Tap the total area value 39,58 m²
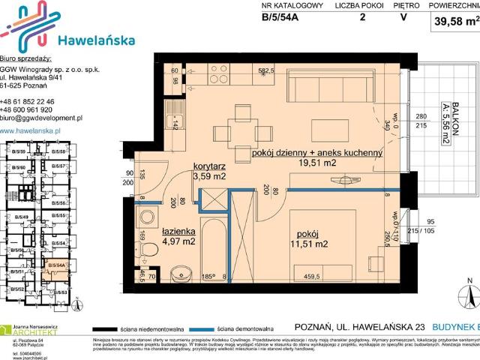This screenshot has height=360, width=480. (x=452, y=22)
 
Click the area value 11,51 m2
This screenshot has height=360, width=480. (x=308, y=244)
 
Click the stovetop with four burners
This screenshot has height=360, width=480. (x=219, y=74)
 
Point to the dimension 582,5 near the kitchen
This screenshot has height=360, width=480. (x=265, y=71)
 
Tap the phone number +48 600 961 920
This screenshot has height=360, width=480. (x=27, y=109)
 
